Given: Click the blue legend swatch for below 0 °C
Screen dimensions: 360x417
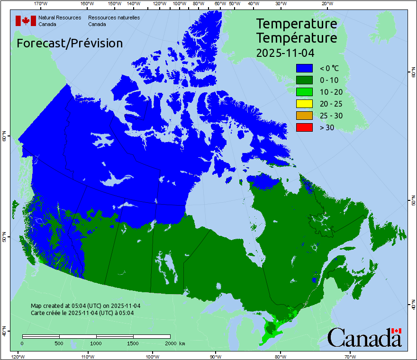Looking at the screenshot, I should tap(304, 68).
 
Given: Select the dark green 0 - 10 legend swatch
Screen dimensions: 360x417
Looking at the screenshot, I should tap(304, 80).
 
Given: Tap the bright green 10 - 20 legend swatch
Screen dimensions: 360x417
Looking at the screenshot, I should tap(304, 92).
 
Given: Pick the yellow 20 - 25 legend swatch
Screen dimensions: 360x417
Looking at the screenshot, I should tap(304, 104).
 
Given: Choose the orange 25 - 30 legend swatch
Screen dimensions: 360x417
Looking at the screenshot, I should tap(304, 116).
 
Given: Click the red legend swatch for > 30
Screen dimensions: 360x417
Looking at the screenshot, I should tap(304, 127).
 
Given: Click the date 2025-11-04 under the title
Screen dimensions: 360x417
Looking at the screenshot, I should tap(285, 53).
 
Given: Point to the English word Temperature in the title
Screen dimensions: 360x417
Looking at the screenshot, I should tap(297, 24).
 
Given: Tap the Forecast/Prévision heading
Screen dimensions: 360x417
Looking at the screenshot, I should tap(70, 44).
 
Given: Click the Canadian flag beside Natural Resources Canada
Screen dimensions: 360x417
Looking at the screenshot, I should tap(26, 20).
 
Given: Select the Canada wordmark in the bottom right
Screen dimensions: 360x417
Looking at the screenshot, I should tap(364, 338).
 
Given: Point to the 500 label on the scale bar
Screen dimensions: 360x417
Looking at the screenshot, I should tap(59, 343).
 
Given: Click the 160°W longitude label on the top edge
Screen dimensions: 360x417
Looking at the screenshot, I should tap(86, 4).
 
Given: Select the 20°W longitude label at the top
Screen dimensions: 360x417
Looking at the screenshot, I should tap(326, 4).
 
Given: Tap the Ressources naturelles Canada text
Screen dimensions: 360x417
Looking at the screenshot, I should tap(114, 20).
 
